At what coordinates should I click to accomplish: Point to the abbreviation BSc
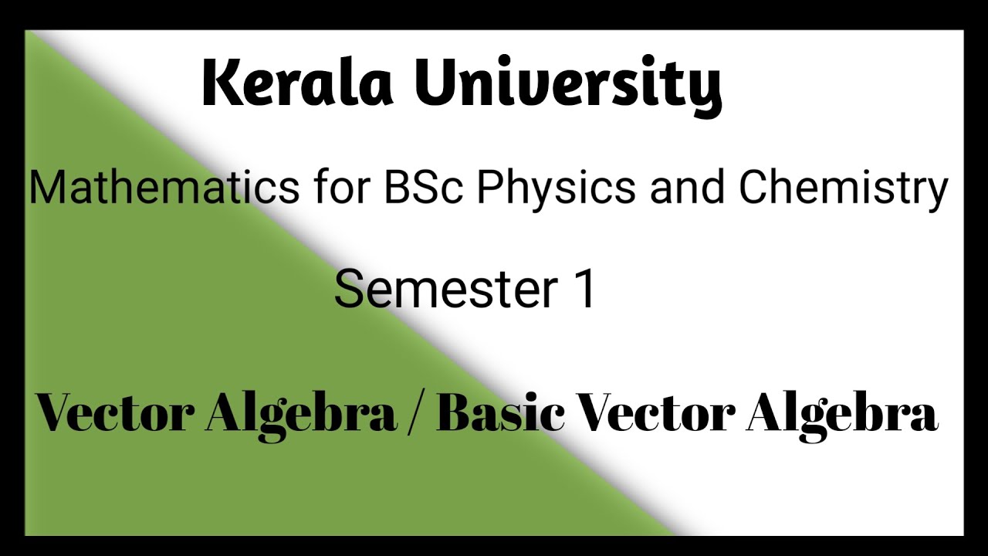click(x=424, y=188)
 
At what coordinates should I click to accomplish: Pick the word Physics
click(x=557, y=191)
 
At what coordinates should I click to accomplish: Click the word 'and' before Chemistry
click(x=687, y=188)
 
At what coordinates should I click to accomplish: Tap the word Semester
click(x=445, y=290)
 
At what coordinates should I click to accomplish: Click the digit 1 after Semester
click(x=584, y=290)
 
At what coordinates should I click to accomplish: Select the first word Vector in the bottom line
click(x=117, y=412)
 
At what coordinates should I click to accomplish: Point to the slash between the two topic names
click(x=416, y=414)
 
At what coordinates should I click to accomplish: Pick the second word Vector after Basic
click(x=655, y=412)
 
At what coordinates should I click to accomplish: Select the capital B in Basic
click(x=455, y=412)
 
